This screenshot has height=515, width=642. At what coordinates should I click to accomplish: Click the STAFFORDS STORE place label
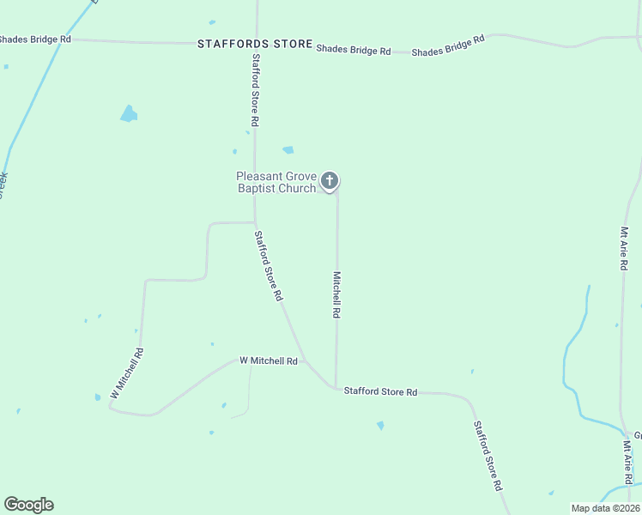tap(255, 43)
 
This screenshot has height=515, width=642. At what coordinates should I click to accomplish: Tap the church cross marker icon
tap(330, 181)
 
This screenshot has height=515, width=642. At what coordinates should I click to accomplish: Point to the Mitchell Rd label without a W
tap(337, 295)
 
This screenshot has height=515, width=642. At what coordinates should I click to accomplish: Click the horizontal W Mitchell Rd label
tap(268, 361)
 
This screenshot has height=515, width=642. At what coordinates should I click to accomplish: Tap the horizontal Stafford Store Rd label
tap(380, 391)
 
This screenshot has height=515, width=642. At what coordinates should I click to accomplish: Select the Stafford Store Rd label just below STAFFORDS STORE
tap(256, 91)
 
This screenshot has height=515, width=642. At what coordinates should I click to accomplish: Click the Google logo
tap(28, 505)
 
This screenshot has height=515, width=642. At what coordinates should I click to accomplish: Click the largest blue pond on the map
tap(129, 113)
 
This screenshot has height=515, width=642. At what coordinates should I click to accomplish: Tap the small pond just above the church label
tap(288, 149)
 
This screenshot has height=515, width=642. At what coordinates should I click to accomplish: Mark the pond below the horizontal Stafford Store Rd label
tap(380, 425)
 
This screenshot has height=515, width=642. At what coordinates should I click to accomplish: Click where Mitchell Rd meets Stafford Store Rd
tap(336, 387)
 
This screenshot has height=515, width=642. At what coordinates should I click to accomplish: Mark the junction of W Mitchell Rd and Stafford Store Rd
tap(304, 360)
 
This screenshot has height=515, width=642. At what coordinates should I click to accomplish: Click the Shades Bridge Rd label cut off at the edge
tap(34, 39)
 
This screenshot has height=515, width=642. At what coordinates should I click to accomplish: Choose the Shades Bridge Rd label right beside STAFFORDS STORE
tap(353, 50)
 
